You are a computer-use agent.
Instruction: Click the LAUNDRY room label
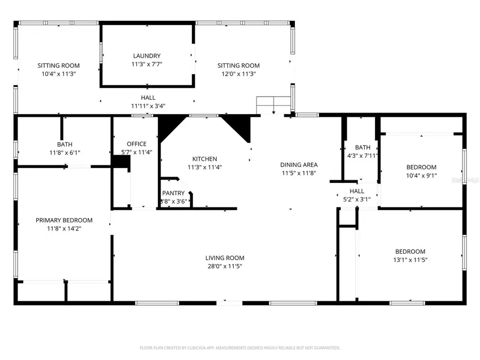click(147, 55)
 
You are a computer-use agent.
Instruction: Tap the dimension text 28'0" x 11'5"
click(226, 266)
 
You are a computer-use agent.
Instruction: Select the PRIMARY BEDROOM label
click(64, 220)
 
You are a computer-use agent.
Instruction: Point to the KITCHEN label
click(205, 158)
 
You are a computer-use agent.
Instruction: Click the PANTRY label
click(173, 193)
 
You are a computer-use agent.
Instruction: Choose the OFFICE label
click(137, 144)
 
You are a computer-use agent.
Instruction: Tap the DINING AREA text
click(299, 165)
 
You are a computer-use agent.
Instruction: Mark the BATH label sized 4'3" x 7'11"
click(363, 147)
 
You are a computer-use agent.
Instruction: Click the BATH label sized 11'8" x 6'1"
click(65, 144)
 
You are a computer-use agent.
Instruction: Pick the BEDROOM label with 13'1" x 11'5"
click(410, 252)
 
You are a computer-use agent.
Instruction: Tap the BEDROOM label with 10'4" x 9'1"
click(421, 167)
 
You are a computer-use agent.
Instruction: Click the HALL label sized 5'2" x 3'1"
click(357, 191)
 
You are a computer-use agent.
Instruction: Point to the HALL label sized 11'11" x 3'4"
click(148, 98)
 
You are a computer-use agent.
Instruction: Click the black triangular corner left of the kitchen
click(169, 126)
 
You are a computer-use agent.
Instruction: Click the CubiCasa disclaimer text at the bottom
click(239, 348)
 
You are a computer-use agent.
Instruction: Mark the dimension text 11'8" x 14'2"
click(64, 228)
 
